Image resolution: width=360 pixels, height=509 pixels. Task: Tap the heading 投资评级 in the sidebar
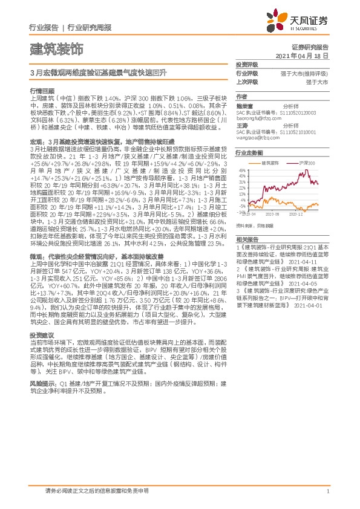pos(246,64)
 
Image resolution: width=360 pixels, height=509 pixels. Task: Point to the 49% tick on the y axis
pos(241,170)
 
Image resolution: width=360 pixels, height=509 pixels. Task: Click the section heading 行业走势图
pos(248,154)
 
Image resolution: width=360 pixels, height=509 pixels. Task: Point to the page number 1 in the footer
pos(327,491)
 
